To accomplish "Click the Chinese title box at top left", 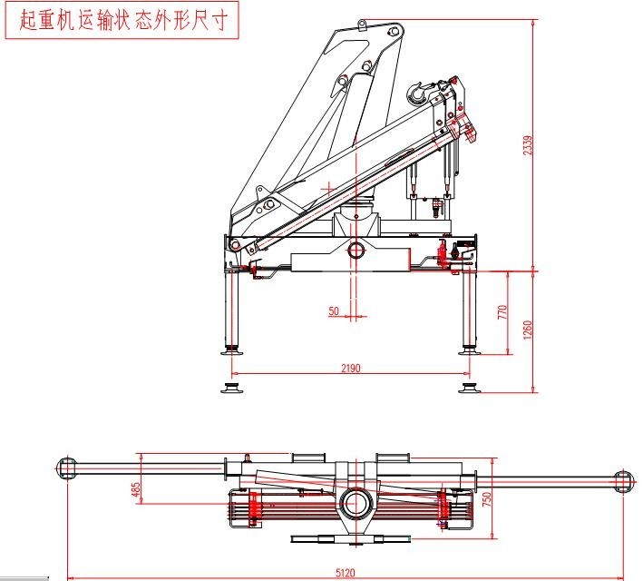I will click(122, 21).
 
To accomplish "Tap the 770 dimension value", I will click(501, 313).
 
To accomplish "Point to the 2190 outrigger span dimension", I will click(351, 368).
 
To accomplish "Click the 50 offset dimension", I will click(334, 311).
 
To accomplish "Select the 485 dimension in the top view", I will click(136, 489).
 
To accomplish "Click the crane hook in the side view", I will click(418, 90).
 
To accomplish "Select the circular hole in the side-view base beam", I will click(356, 249).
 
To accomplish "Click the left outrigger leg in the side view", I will click(232, 309).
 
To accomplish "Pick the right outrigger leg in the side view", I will click(469, 309).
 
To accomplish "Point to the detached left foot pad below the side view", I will click(232, 389).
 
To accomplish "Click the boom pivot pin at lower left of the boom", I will click(235, 245).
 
